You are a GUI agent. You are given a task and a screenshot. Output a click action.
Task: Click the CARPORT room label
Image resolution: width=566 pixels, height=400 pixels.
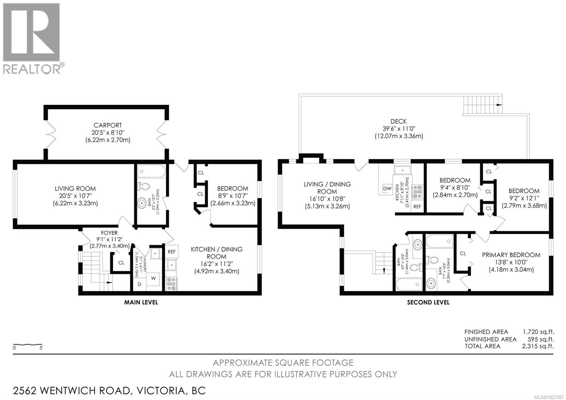[x=108, y=125]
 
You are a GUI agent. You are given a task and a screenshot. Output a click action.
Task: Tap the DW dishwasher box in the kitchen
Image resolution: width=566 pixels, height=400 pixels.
[x=387, y=188]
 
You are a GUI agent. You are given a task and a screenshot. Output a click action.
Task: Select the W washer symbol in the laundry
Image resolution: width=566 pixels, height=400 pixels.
[x=154, y=278]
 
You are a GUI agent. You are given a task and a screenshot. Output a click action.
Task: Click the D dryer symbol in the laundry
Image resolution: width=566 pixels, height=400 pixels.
[x=139, y=285]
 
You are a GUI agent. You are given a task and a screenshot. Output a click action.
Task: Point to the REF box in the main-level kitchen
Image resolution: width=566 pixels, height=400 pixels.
[x=172, y=252]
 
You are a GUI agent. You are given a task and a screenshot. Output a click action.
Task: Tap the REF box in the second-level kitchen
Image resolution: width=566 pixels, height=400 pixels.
[x=417, y=206]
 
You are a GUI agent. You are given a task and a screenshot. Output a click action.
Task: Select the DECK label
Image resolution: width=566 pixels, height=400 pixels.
[x=399, y=121]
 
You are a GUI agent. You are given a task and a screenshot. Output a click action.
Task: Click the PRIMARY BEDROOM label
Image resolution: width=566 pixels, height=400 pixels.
[x=511, y=255]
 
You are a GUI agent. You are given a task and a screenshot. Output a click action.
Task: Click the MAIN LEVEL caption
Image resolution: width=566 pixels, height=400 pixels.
[x=141, y=302]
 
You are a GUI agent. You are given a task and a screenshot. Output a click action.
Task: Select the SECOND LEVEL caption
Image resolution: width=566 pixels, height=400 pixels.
[x=428, y=302]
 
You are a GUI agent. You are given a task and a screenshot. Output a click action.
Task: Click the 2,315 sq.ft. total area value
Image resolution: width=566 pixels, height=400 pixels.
[x=538, y=346]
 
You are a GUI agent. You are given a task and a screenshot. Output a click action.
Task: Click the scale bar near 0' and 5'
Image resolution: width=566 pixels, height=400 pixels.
[x=28, y=344]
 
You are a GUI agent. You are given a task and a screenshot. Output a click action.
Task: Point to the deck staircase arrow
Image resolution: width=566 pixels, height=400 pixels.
[x=499, y=105]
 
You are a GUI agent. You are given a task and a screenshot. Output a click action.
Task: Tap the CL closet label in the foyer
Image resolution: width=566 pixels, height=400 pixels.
[x=121, y=263]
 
